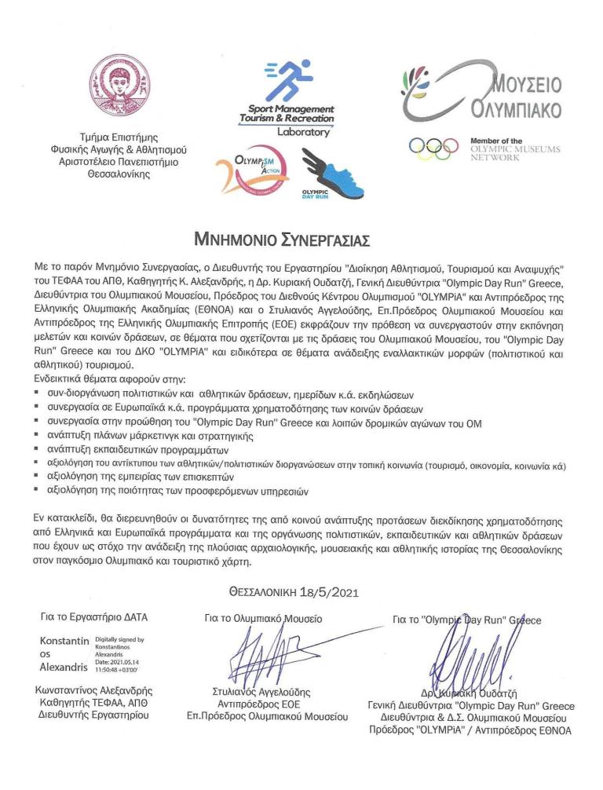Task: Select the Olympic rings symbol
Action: point(433,146)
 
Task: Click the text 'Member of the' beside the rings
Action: point(495,141)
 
